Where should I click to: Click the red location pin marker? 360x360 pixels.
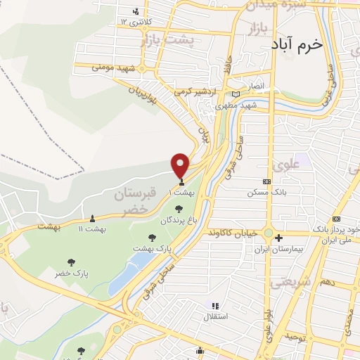[181, 165]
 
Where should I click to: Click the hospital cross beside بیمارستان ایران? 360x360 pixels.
[279, 237]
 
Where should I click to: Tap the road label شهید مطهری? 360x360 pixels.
[236, 105]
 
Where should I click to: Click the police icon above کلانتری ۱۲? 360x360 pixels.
[137, 11]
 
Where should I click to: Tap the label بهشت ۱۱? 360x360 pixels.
[92, 229]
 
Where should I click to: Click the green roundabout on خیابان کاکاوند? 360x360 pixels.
[268, 233]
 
